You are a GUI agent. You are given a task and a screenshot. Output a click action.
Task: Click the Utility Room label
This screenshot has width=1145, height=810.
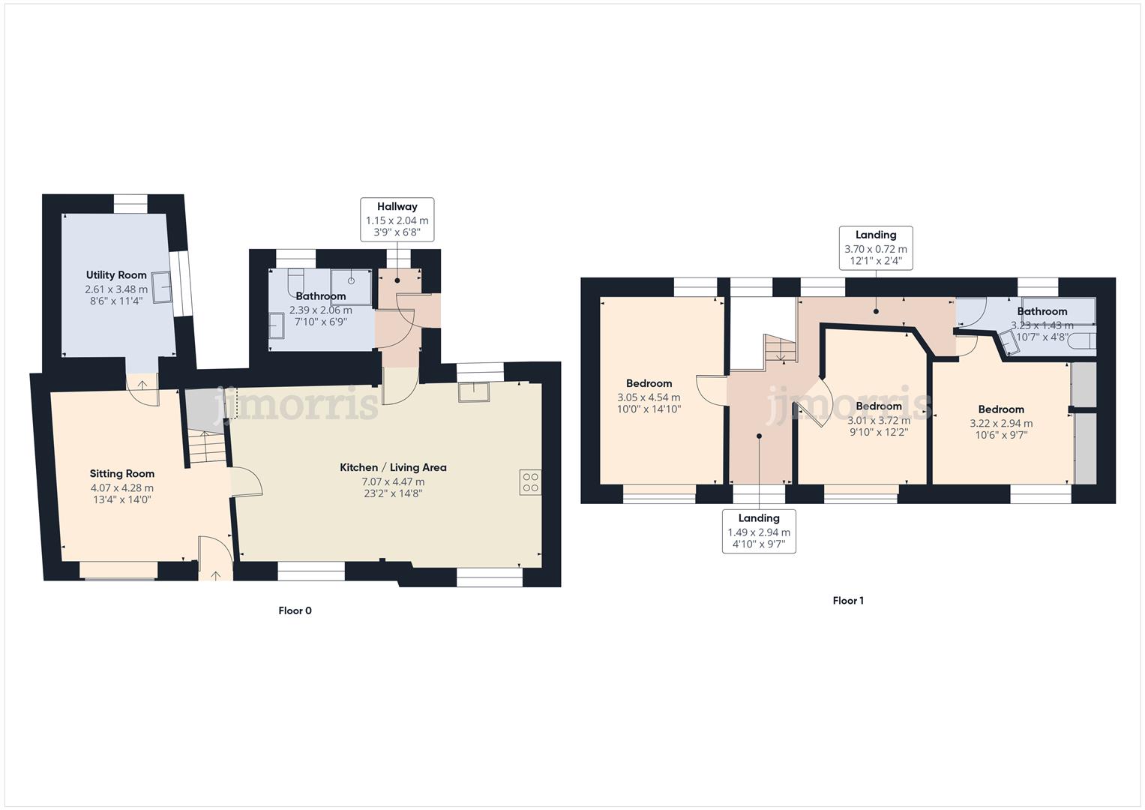(116, 275)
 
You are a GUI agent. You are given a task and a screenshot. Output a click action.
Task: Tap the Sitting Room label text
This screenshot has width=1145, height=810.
(122, 474)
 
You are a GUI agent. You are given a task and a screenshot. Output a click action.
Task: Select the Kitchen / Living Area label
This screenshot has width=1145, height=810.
(393, 468)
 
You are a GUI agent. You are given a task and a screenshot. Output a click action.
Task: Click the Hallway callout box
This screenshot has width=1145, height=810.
(397, 218)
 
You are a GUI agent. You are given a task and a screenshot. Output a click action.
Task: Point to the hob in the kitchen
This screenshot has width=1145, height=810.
(530, 481)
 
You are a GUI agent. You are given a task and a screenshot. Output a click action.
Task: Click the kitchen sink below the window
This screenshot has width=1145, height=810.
(474, 391)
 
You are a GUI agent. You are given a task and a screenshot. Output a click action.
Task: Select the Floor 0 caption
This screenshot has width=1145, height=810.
(295, 610)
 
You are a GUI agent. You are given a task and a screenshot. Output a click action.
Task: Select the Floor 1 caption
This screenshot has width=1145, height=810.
(848, 601)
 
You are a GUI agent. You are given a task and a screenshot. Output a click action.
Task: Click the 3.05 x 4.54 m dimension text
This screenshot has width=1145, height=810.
(649, 397)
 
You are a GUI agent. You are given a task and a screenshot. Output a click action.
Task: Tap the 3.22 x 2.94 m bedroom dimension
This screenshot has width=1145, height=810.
(1001, 423)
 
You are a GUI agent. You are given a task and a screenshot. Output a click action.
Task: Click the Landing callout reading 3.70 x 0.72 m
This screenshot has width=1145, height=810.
(876, 247)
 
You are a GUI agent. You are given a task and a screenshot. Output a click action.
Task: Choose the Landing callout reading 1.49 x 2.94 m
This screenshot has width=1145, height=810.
(759, 531)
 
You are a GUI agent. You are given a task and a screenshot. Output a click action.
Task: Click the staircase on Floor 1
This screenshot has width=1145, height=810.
(780, 349)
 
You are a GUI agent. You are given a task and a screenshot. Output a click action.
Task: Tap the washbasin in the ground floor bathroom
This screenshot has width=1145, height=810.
(276, 327)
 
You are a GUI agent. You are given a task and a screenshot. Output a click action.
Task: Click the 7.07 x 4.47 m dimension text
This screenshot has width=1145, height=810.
(393, 481)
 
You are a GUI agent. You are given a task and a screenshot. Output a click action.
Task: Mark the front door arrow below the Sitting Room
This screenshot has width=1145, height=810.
(216, 575)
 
